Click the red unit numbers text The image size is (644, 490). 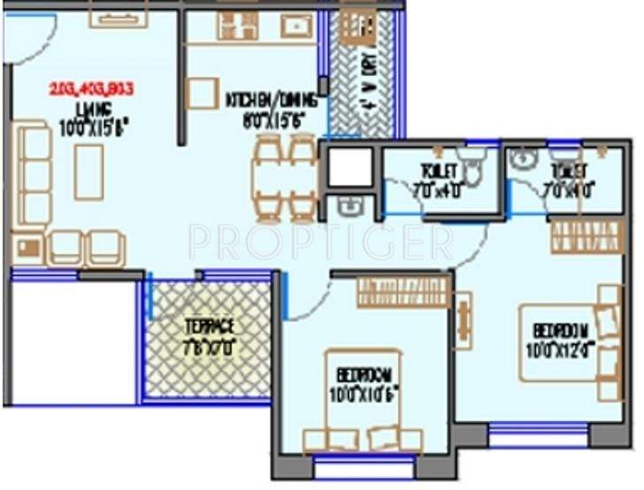tap(91, 88)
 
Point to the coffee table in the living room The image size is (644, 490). tap(88, 171)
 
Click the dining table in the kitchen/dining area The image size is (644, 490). tap(285, 180)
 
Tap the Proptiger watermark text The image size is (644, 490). tap(321, 241)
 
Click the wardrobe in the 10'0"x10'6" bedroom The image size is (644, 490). tap(403, 292)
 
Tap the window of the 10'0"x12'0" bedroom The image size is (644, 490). tap(539, 433)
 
